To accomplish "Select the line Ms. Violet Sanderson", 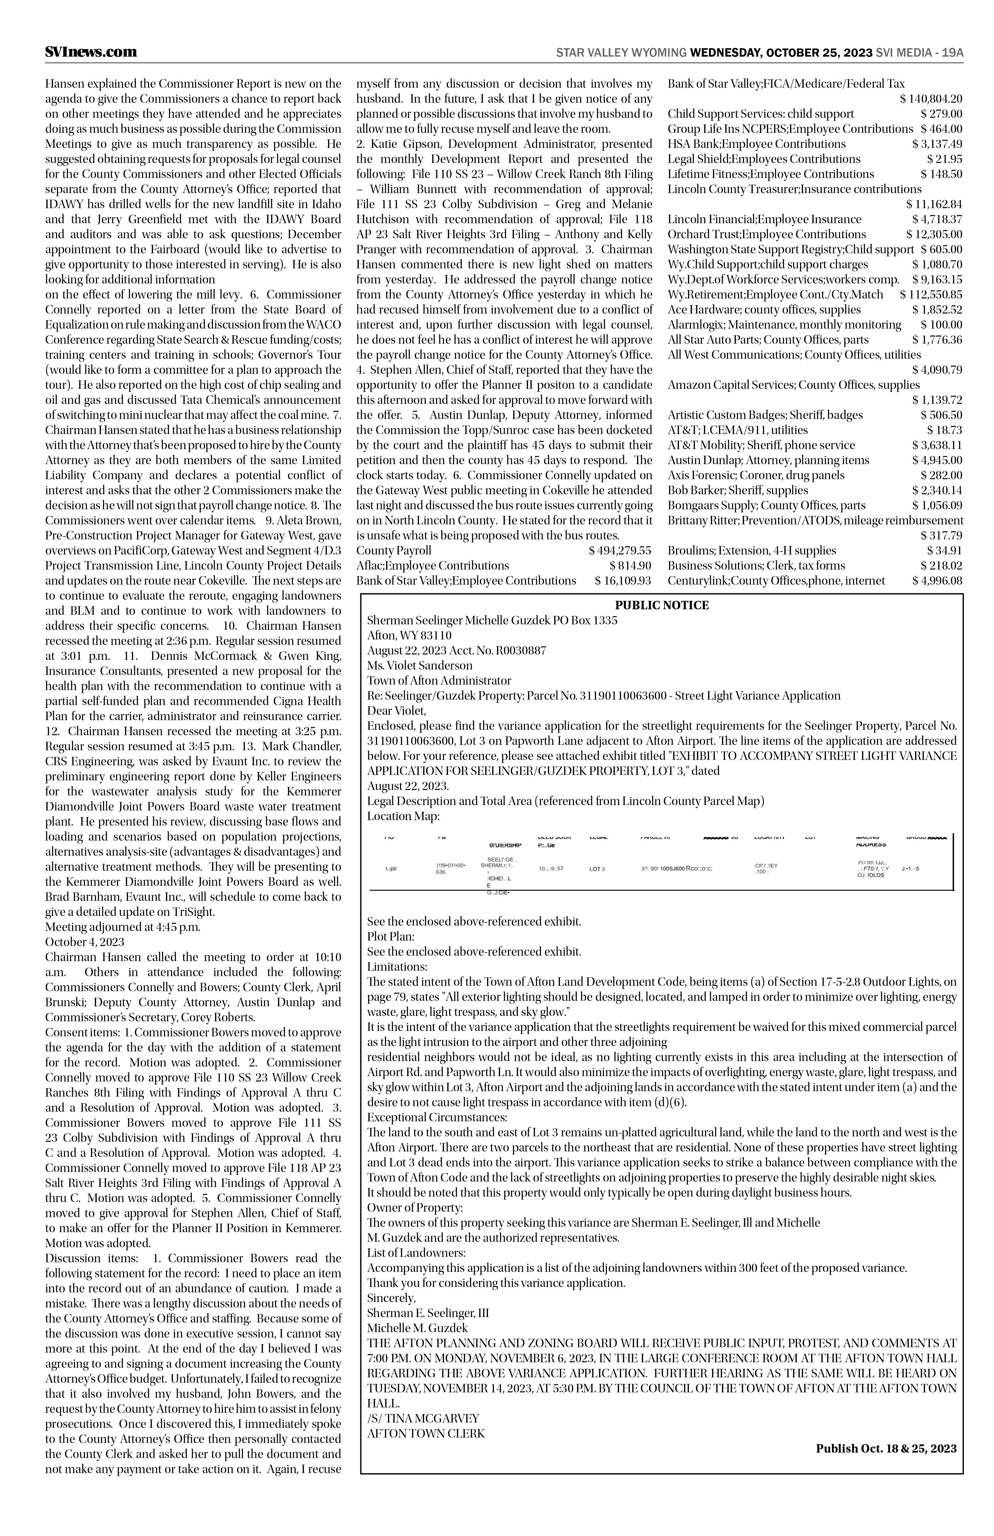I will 420,665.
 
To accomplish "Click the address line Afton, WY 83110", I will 409,636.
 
